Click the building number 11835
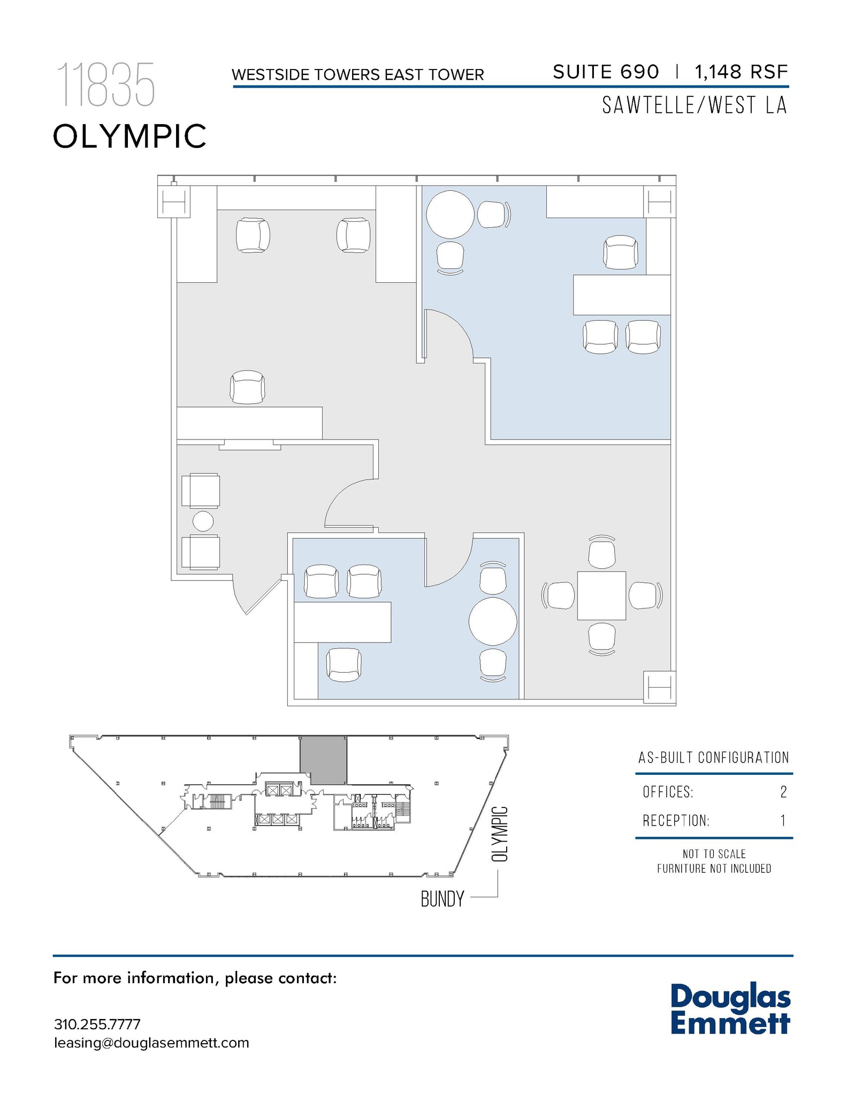coord(105,84)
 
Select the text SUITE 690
coord(606,72)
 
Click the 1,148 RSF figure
coord(741,72)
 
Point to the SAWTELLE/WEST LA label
coord(694,105)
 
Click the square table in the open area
coord(601,596)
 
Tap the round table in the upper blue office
coord(450,214)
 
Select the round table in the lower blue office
coord(492,622)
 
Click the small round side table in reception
coord(203,521)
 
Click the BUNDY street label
coord(442,899)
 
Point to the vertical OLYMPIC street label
coord(499,834)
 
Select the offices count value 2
coord(783,792)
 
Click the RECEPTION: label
coord(676,821)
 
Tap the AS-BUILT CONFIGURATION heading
coord(713,758)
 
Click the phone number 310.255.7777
coord(97,1024)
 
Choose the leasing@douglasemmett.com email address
coord(151,1043)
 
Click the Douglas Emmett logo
coord(730,1009)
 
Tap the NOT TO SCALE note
coord(714,854)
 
